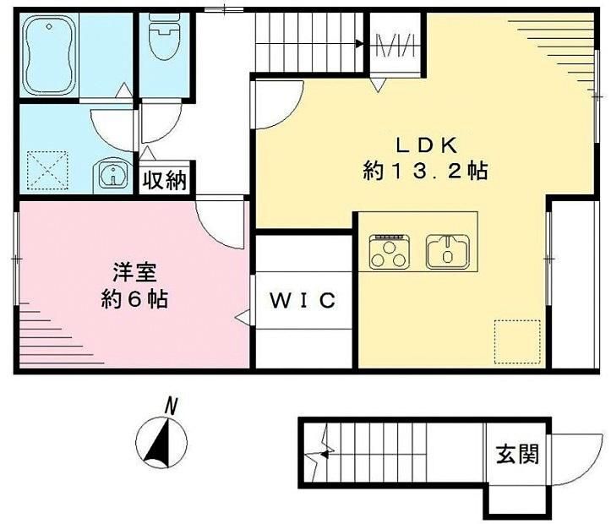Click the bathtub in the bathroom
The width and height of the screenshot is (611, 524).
(49, 55)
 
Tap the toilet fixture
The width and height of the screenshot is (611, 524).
(165, 36)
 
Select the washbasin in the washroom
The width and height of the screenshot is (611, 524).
(113, 175)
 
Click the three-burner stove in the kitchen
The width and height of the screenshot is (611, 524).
(389, 252)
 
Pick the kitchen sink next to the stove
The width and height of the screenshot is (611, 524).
(447, 252)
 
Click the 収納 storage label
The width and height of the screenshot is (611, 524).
(165, 180)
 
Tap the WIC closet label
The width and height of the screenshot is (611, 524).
(303, 300)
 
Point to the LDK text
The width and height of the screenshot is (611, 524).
(426, 145)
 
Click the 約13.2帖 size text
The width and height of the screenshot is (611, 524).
(425, 171)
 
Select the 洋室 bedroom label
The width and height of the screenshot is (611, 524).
(135, 273)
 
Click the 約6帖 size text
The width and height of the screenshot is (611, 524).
(135, 299)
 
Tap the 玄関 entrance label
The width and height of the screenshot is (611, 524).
(517, 454)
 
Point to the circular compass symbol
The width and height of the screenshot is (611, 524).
(161, 444)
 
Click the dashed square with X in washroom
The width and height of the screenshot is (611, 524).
(47, 171)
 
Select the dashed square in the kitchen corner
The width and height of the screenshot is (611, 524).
(517, 341)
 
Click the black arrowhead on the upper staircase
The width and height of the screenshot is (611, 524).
(359, 44)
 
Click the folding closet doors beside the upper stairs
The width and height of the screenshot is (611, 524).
(396, 46)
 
